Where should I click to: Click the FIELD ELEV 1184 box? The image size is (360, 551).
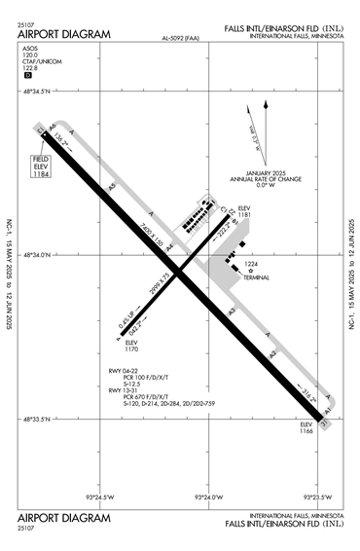[x=40, y=166]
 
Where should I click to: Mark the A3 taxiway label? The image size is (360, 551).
[x=231, y=311]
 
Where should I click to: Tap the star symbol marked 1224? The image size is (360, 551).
[x=250, y=270]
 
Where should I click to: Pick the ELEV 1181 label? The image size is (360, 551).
[x=244, y=213]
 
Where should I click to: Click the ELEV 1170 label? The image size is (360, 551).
[x=132, y=346]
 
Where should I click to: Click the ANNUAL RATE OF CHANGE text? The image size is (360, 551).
[x=266, y=179]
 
